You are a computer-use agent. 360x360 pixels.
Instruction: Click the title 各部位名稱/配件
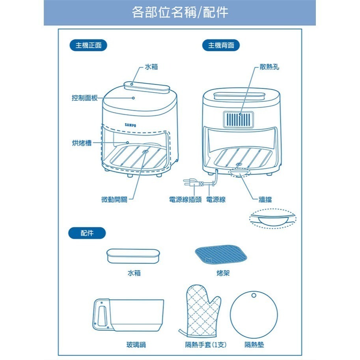180,12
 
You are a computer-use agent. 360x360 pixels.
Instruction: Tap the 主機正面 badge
88,45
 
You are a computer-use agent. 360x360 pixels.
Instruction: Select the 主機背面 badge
221,45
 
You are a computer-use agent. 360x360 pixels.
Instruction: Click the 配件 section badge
87,233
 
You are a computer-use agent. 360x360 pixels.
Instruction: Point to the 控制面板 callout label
84,98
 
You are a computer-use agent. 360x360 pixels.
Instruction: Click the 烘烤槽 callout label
82,143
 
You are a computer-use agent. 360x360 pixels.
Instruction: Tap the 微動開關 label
114,200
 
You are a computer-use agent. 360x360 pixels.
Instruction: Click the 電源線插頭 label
185,200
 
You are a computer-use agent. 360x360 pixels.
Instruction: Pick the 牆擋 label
265,200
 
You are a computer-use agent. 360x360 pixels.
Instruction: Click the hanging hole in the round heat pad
254,295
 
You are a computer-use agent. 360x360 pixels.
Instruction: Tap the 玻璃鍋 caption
136,345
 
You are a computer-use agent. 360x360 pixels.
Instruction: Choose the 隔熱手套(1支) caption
205,345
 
